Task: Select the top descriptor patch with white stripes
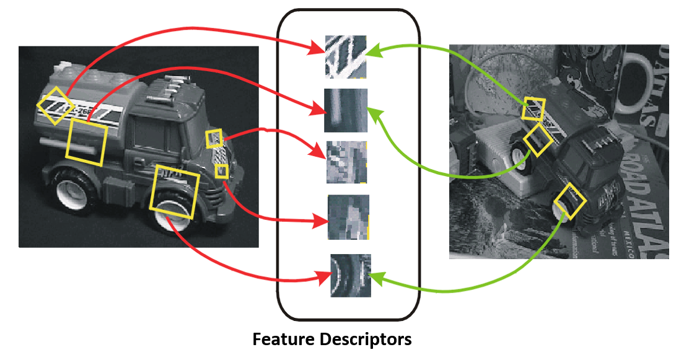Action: [x=346, y=56]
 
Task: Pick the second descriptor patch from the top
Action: [x=346, y=110]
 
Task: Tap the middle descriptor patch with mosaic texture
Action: [x=347, y=162]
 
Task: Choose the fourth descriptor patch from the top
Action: [x=348, y=217]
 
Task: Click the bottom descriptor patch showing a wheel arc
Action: [x=350, y=275]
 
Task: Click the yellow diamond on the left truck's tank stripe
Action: [x=55, y=105]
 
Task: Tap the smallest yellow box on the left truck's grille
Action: [x=221, y=170]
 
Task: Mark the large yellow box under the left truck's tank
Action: [x=87, y=142]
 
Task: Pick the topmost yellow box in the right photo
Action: [x=533, y=108]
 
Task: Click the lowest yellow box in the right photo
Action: [x=569, y=200]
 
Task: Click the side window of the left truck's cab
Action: [x=149, y=139]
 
